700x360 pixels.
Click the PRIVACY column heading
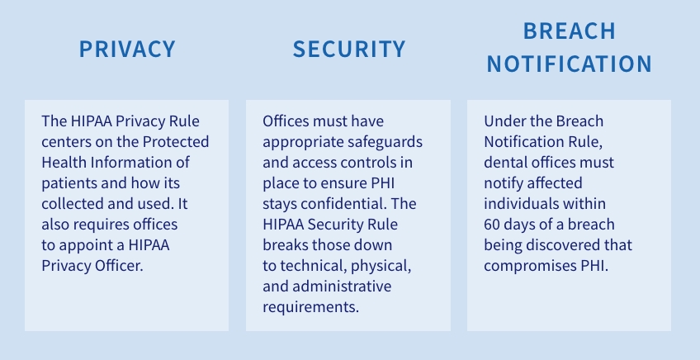point(127,49)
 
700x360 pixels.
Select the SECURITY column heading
point(349,49)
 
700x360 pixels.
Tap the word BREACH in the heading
point(570,31)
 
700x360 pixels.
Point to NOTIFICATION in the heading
point(570,64)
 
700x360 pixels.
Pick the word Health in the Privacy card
point(62,162)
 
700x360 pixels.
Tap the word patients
point(66,182)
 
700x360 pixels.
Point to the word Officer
point(123,265)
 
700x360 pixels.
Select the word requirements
point(311,307)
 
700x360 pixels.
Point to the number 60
point(493,224)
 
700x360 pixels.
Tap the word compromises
point(527,265)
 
